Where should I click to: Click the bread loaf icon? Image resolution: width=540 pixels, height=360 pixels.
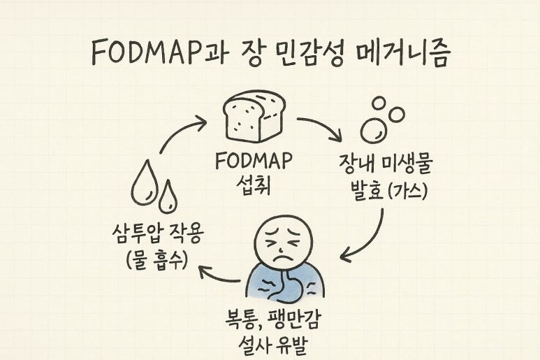[x=253, y=117]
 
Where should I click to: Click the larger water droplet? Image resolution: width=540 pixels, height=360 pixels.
[x=145, y=184]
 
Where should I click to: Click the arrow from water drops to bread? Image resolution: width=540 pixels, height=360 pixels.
[x=180, y=132]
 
